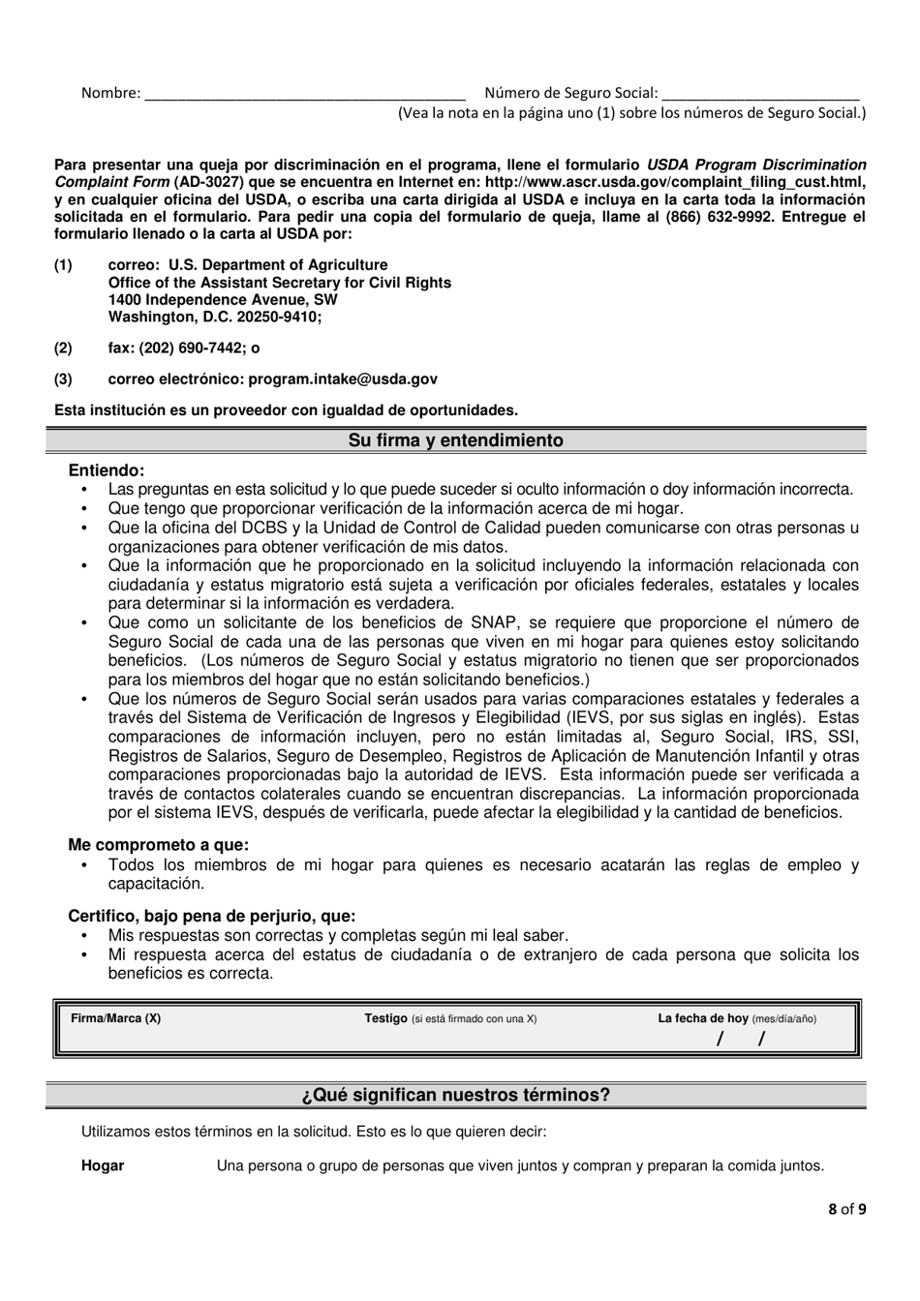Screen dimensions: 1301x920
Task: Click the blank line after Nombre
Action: [x=303, y=95]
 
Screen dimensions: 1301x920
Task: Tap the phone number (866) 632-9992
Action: [x=720, y=217]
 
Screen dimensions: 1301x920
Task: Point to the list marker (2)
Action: [x=63, y=348]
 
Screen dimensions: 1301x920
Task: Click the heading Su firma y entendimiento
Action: [x=455, y=440]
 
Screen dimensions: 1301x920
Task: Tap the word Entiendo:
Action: [x=107, y=470]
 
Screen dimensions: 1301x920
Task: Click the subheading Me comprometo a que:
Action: [x=158, y=845]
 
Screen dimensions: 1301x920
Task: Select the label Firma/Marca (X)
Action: [x=116, y=1018]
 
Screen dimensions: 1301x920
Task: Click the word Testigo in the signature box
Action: [x=385, y=1018]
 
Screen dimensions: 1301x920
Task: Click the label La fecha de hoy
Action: [x=703, y=1018]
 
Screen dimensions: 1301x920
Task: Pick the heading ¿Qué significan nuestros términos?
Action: [x=455, y=1095]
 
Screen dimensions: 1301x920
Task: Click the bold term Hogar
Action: [x=103, y=1165]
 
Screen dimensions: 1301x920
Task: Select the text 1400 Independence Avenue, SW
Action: [x=223, y=300]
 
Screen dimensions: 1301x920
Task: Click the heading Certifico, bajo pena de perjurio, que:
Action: [x=211, y=916]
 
